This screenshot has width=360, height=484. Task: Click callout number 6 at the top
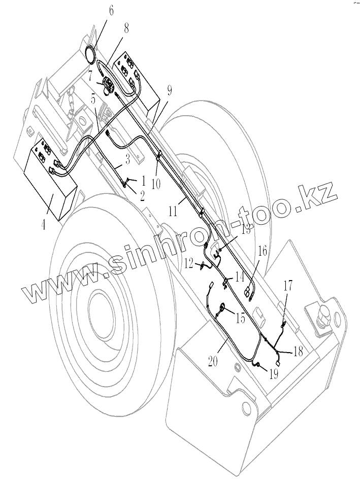(111, 10)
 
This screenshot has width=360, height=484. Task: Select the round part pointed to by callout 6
(91, 54)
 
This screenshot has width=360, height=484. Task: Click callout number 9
(169, 91)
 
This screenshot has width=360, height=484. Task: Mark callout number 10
(156, 183)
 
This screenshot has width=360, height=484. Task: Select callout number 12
(188, 263)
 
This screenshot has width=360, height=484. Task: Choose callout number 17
(287, 286)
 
